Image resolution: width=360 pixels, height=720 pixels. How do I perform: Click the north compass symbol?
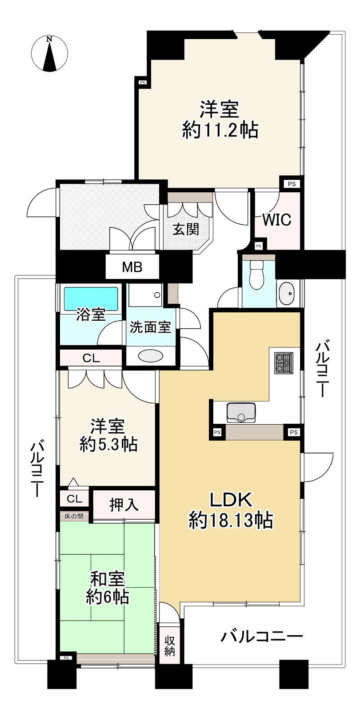(49, 54)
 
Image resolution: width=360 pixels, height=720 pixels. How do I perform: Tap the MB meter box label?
(132, 267)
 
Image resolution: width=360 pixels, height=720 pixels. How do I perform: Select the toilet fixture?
(257, 275)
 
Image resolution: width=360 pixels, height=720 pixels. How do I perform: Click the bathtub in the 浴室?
(91, 298)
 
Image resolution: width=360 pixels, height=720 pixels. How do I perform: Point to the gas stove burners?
(284, 363)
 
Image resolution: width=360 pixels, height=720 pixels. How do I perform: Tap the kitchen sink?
(241, 413)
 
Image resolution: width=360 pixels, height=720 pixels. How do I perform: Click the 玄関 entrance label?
(186, 230)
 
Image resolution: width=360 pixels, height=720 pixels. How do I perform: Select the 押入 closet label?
(124, 505)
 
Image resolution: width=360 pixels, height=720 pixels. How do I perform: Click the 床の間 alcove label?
(74, 517)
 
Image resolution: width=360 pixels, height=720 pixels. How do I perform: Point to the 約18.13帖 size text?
(231, 521)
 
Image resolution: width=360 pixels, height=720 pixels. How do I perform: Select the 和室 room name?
(108, 579)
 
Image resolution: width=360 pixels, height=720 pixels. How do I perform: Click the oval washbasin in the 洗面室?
(150, 356)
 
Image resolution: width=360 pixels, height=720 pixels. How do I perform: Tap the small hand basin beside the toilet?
(286, 294)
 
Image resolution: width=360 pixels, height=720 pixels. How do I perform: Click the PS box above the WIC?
(292, 184)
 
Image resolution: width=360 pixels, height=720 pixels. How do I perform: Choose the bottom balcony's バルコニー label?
(262, 636)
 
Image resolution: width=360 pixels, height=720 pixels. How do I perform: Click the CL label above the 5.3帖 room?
(91, 358)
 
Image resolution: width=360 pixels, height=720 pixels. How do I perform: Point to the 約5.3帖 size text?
(108, 445)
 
